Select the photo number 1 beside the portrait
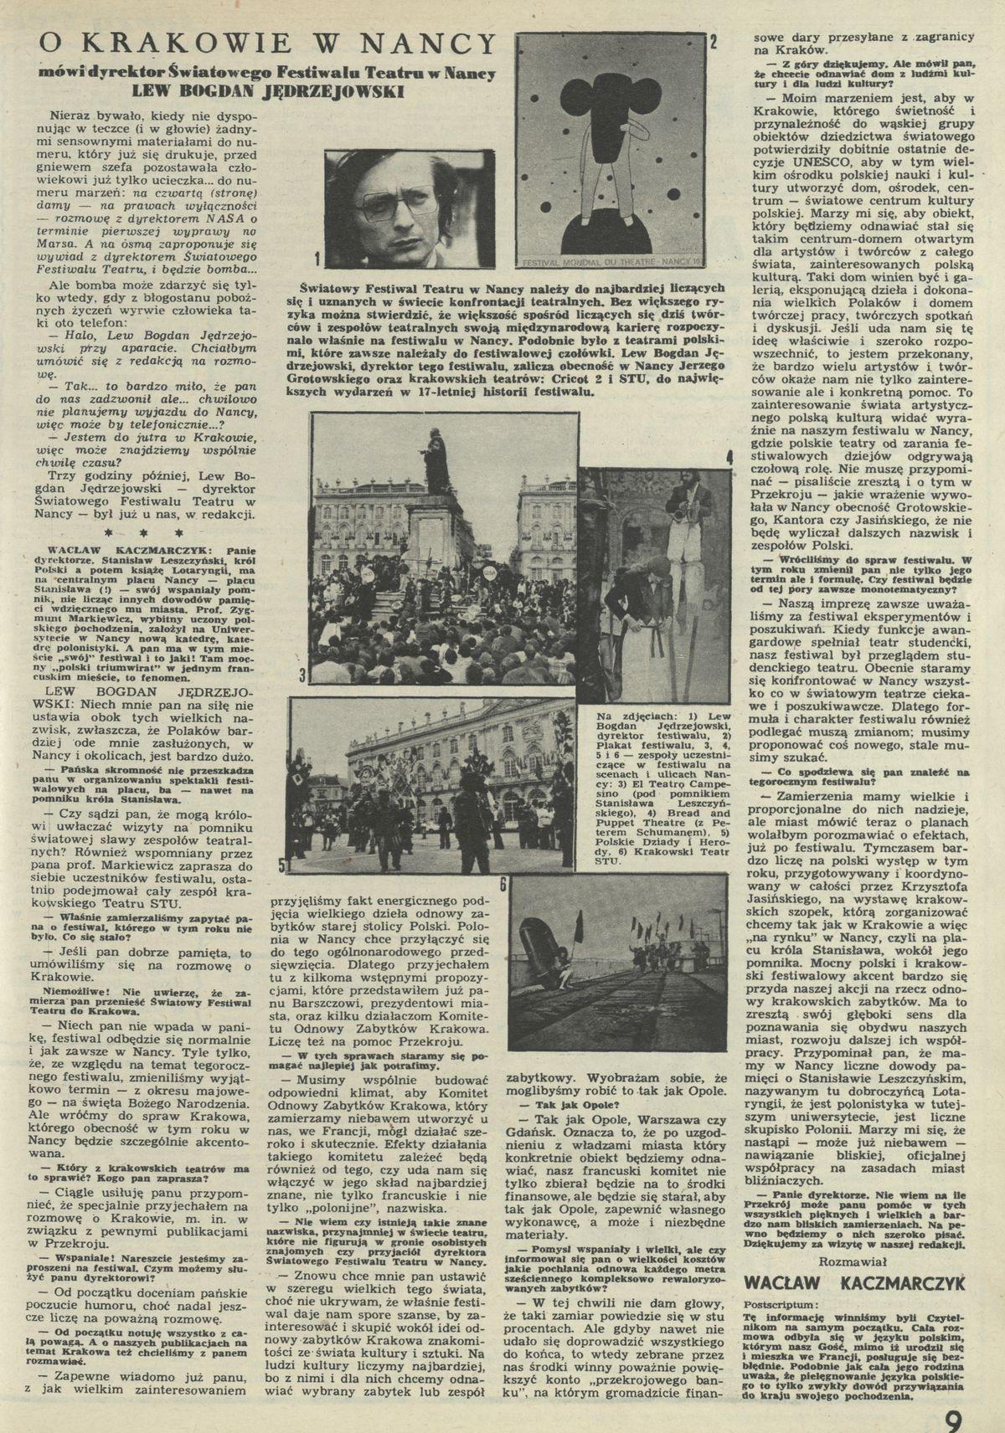[317, 257]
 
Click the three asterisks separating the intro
[147, 532]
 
